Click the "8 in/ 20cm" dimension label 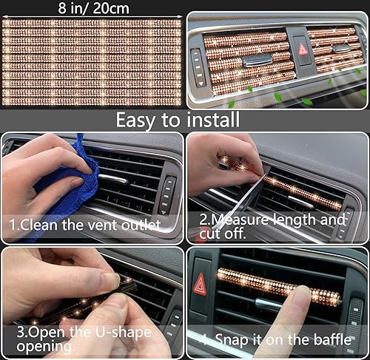(91, 8)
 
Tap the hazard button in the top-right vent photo (303, 50)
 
